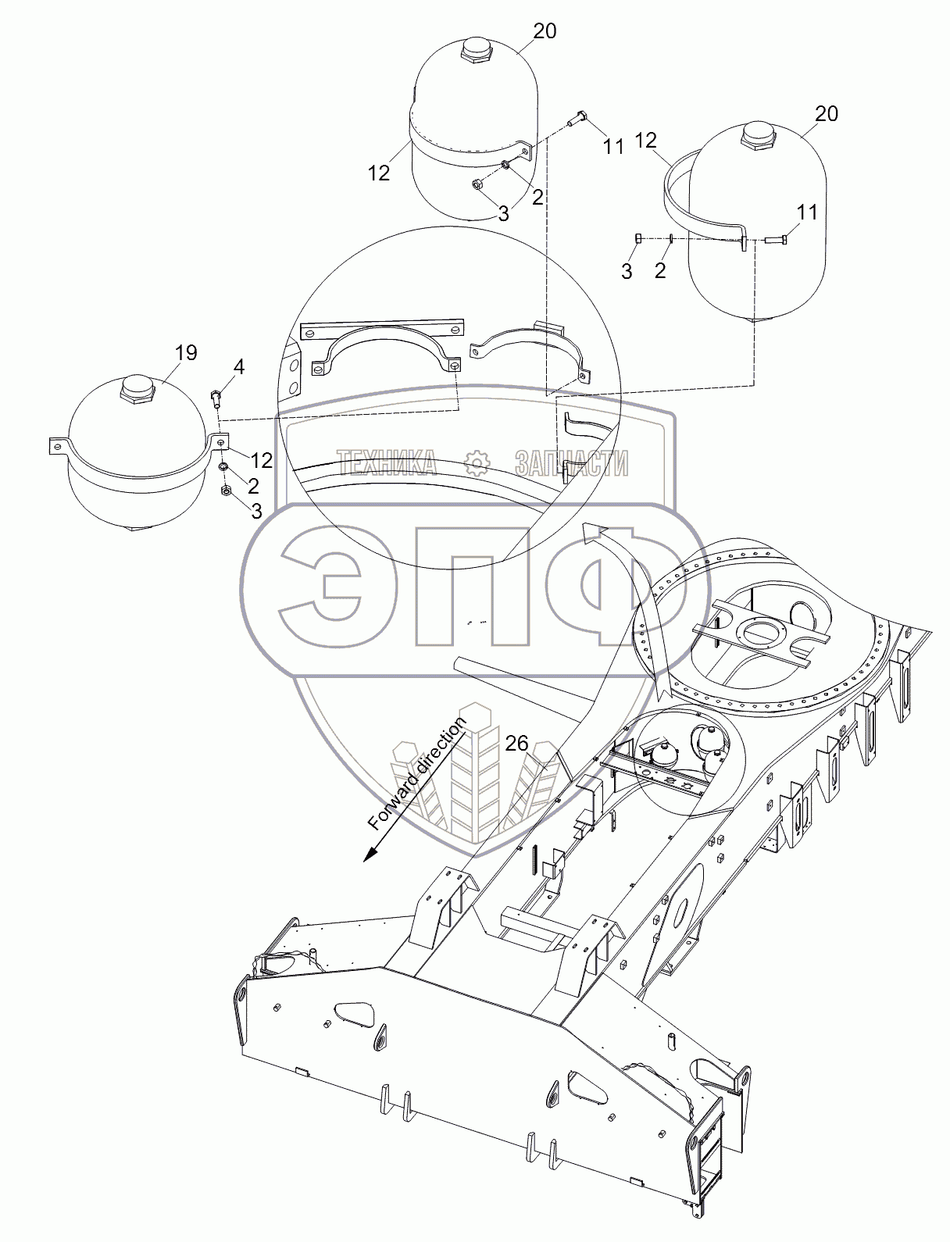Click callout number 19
pos(186,352)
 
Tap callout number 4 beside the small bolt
pos(239,366)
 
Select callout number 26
pos(516,744)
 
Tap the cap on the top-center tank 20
pos(475,52)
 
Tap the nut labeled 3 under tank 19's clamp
pos(225,491)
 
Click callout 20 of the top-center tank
pos(545,31)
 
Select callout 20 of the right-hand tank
pos(826,114)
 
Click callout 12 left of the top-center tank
pos(379,172)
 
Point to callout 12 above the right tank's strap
pos(646,141)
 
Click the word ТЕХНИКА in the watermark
pos(387,463)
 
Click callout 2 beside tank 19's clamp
pos(253,486)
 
